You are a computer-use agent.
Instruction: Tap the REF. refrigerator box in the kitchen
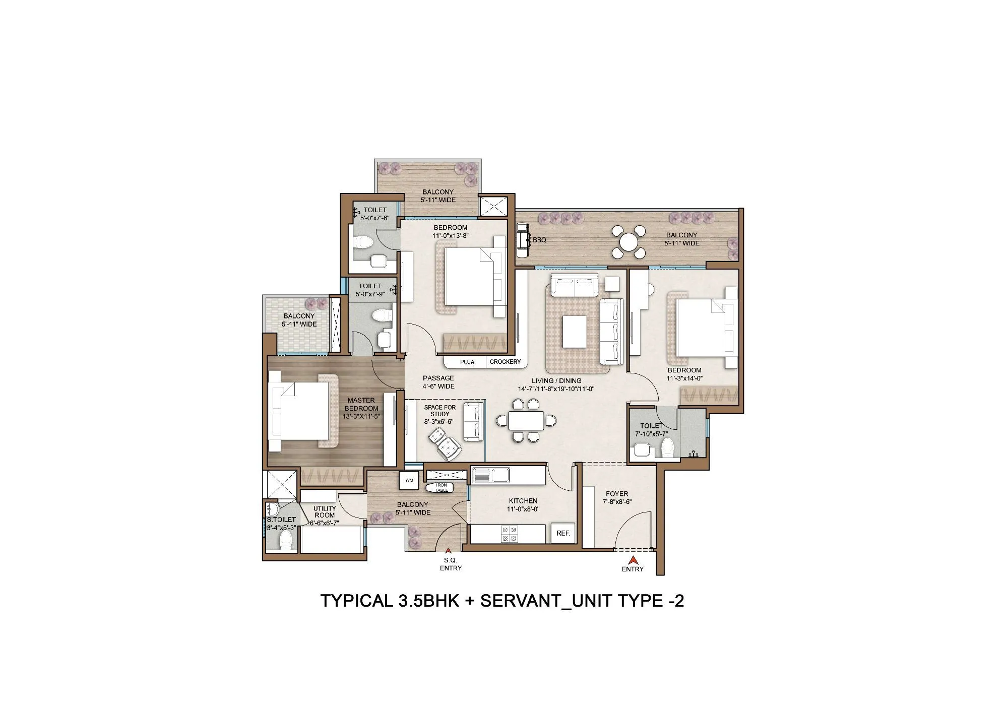click(x=563, y=533)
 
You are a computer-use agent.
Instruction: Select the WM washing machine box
click(x=409, y=480)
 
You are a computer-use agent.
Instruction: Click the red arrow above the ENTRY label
click(x=633, y=559)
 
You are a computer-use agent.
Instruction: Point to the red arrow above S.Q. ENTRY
click(x=448, y=551)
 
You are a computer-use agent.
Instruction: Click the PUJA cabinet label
click(x=467, y=362)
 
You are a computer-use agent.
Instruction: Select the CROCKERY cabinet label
click(x=505, y=362)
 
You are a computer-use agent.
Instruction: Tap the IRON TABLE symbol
click(x=440, y=487)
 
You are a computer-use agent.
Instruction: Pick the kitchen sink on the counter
click(x=490, y=475)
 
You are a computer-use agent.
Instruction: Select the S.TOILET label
click(x=281, y=520)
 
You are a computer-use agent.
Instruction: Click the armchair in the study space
click(x=444, y=443)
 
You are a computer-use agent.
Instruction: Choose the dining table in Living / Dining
click(x=526, y=420)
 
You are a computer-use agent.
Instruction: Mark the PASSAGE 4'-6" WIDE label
click(x=438, y=382)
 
